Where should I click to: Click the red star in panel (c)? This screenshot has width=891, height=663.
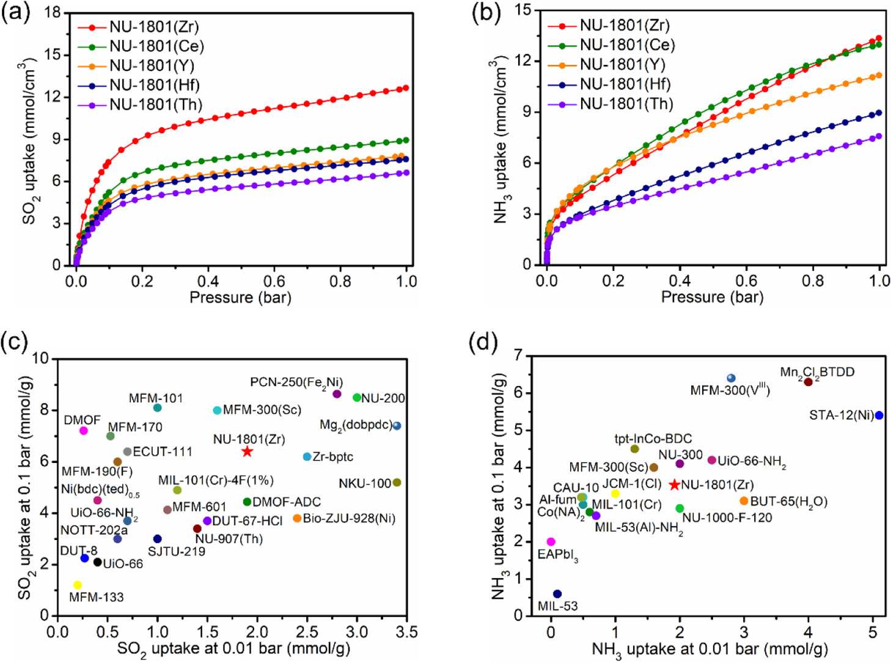point(247,451)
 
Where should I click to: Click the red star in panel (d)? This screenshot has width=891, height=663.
point(674,485)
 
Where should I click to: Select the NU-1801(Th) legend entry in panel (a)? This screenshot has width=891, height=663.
point(155,105)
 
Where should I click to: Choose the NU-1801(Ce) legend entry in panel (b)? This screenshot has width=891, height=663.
point(627,45)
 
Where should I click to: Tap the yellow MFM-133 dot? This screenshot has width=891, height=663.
point(78,585)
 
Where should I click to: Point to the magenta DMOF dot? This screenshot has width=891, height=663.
point(84,431)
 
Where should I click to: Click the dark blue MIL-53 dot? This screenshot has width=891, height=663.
point(557,594)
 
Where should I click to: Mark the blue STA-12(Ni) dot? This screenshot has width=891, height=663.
point(879,415)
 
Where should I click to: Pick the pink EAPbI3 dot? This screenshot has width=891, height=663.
point(551,542)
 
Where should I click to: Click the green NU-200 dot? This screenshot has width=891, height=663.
point(358,398)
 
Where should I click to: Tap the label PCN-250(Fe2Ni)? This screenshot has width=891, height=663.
point(296,383)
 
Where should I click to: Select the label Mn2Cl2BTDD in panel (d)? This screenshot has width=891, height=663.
point(817,372)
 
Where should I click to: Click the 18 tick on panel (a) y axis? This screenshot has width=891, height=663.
point(53,13)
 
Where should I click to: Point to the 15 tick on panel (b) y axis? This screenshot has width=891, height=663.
point(523,10)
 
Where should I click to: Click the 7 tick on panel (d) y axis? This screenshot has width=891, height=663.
point(518,355)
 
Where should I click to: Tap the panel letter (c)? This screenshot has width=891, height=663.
point(15,342)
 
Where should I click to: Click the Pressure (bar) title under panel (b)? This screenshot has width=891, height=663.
point(712,297)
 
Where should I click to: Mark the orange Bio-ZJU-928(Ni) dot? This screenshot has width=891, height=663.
point(297,519)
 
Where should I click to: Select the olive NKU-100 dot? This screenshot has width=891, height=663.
point(397,483)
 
